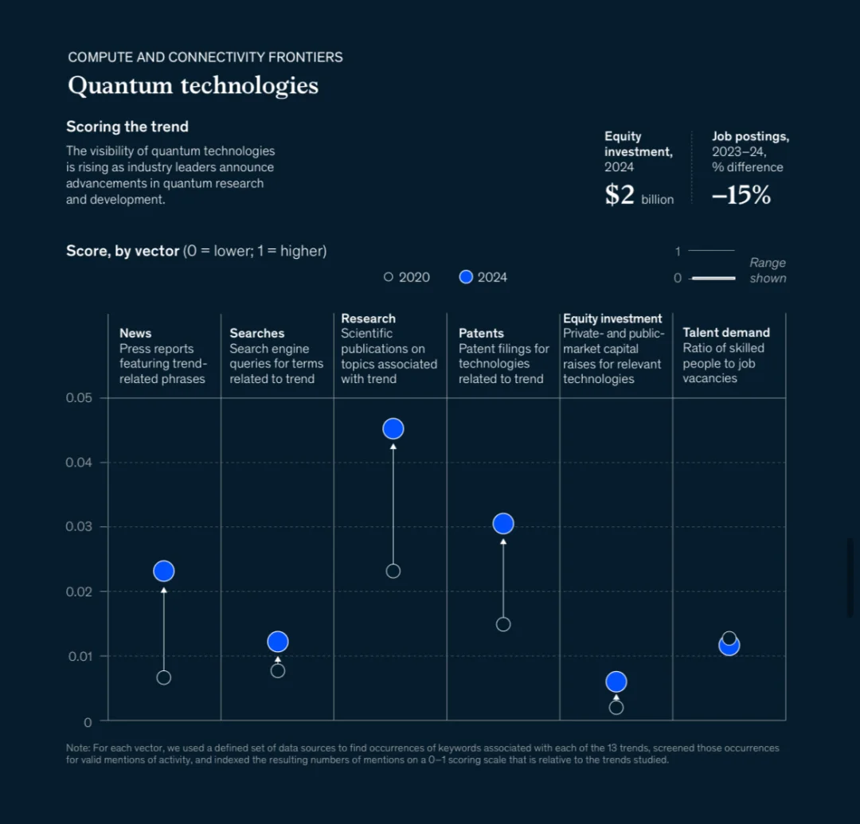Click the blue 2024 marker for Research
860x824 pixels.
[x=393, y=428]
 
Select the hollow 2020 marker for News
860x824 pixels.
[x=164, y=678]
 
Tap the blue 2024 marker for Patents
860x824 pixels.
[x=503, y=523]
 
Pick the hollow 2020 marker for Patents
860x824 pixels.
[x=503, y=624]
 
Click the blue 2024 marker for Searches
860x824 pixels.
[x=278, y=642]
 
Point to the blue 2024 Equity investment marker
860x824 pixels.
[x=616, y=681]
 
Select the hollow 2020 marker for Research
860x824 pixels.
[x=393, y=571]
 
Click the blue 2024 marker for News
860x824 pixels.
[x=164, y=571]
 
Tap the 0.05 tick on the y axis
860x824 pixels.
[x=79, y=398]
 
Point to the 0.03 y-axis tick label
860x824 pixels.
[x=79, y=527]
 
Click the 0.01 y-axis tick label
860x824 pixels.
[x=79, y=657]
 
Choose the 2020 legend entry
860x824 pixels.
[x=407, y=277]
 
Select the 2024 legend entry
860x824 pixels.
[x=484, y=277]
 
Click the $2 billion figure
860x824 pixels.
[x=639, y=195]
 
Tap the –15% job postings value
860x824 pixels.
[x=741, y=195]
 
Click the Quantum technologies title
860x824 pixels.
[x=193, y=85]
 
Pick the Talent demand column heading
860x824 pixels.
[x=726, y=333]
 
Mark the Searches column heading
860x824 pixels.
[x=257, y=334]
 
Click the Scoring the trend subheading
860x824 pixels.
[x=127, y=127]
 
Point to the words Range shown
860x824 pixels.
[x=768, y=271]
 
